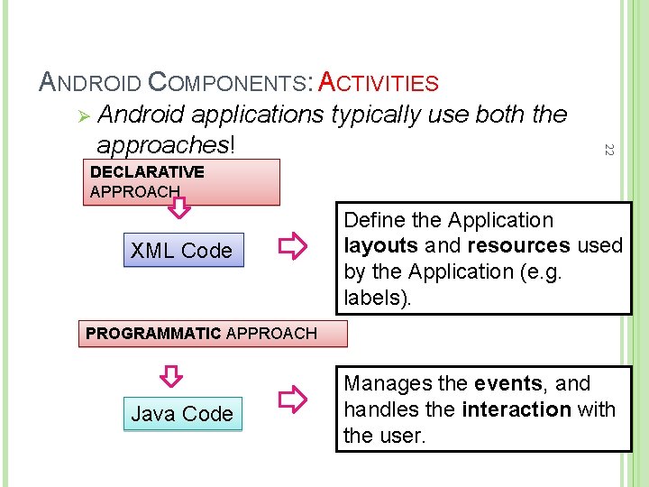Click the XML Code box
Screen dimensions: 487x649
point(181,251)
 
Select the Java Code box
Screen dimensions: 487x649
point(182,414)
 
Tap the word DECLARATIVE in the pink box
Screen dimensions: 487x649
point(147,171)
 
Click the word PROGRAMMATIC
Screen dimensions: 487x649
point(152,333)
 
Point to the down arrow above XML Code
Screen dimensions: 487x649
point(180,209)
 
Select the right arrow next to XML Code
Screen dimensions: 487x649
point(291,245)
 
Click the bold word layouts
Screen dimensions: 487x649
point(380,245)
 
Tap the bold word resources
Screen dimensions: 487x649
point(517,245)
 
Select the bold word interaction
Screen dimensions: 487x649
point(516,409)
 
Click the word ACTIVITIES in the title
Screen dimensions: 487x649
point(379,84)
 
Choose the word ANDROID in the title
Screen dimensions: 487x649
point(90,84)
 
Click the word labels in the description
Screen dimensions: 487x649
point(377,297)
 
